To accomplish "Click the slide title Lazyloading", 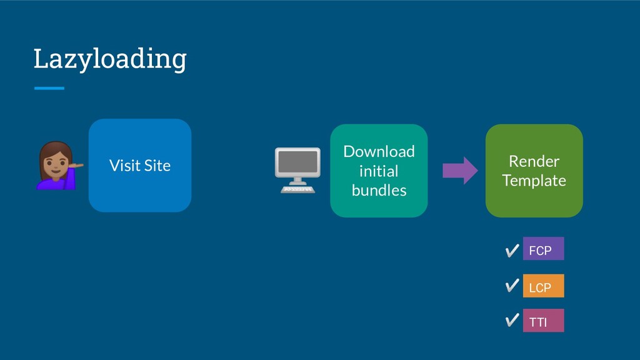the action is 110,59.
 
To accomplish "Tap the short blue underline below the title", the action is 49,88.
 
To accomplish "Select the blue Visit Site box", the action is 140,165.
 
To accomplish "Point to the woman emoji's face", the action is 55,161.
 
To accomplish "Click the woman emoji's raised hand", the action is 77,165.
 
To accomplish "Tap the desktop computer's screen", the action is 297,162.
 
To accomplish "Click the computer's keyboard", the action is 297,189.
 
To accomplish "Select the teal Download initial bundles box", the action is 379,171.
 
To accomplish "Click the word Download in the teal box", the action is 379,151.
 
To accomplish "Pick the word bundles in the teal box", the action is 379,190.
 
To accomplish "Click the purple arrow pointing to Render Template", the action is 460,170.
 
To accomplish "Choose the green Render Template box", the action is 534,171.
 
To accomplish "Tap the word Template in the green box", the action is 534,181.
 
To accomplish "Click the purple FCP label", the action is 543,249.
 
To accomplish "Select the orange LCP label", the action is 543,286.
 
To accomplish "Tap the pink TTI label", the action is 543,321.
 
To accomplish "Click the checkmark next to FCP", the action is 512,251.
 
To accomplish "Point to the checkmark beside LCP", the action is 512,285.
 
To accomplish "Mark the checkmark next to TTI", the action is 512,320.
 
